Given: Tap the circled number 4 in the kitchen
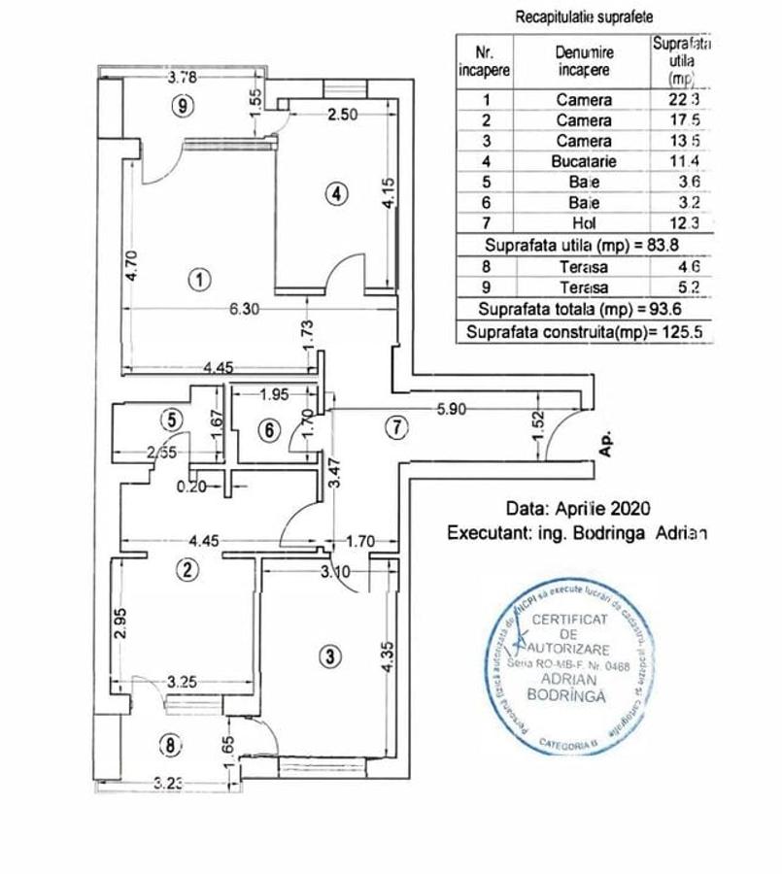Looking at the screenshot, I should click(x=335, y=194).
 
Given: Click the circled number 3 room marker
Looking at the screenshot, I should click(x=331, y=656).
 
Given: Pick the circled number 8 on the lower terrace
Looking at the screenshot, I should click(x=171, y=746).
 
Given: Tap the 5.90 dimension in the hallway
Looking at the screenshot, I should click(x=453, y=409).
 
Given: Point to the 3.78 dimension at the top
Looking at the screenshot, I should click(x=184, y=78).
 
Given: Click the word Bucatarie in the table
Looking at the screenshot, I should click(x=584, y=161).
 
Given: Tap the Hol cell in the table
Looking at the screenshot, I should click(x=584, y=223).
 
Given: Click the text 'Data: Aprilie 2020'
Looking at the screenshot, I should click(x=578, y=509).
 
